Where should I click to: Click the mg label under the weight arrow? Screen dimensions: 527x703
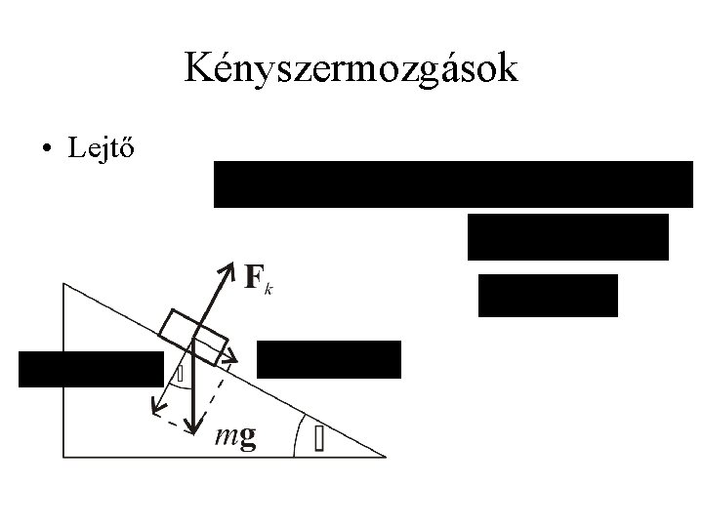click(235, 438)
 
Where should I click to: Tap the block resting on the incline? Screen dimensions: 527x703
click(194, 332)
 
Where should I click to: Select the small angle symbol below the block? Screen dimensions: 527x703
click(180, 374)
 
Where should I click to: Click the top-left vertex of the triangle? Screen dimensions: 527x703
click(63, 284)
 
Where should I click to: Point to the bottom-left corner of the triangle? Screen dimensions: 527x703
click(63, 457)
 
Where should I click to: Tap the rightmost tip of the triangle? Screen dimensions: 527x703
click(386, 456)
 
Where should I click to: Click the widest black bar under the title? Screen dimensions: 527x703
click(453, 184)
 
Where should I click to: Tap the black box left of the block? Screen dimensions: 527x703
click(91, 369)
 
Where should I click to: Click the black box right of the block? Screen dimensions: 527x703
click(328, 359)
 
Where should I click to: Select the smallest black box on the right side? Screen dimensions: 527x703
click(548, 296)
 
